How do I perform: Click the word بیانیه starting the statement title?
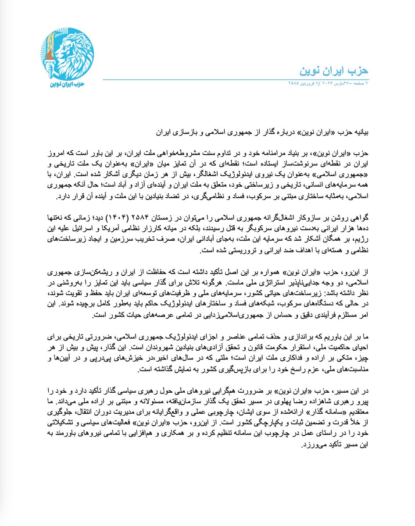(357, 131)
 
